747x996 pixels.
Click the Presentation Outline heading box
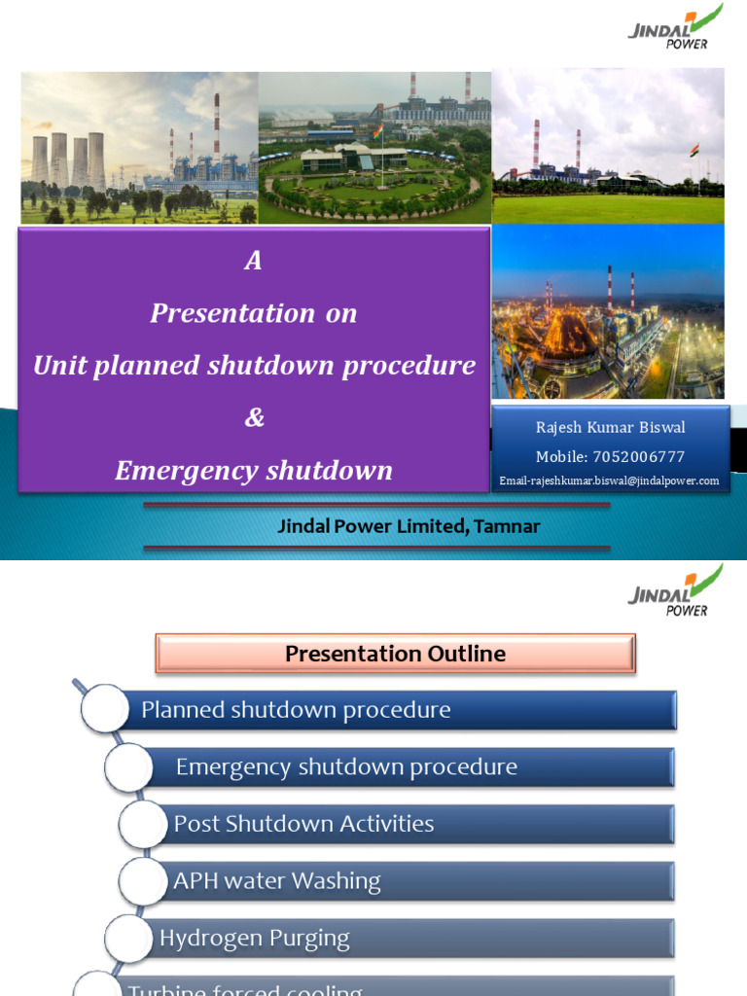[395, 654]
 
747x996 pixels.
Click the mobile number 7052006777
[610, 456]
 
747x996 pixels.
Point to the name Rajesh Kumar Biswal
[610, 428]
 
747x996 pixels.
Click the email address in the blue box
[609, 480]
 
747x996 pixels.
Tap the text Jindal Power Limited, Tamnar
[409, 526]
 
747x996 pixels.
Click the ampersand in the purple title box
[254, 418]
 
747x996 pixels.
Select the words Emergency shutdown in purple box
[254, 471]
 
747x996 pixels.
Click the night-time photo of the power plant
[608, 311]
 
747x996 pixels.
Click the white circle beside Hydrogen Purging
[128, 940]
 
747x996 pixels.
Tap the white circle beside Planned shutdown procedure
[104, 709]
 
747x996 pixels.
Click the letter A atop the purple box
[254, 261]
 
